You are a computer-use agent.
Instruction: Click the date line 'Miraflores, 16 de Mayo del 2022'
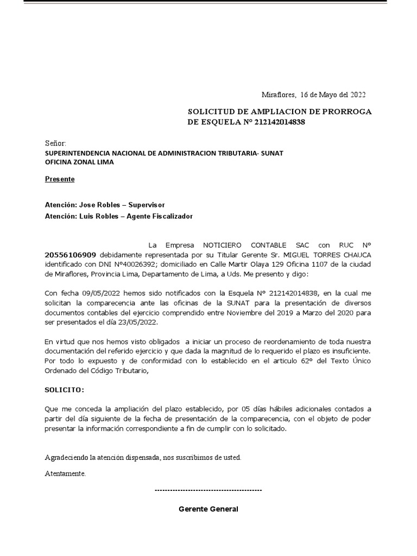[x=314, y=94]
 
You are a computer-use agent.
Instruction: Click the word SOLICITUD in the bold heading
[x=211, y=112]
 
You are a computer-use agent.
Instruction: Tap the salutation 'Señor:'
[x=55, y=143]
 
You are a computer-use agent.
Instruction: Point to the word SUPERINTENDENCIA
[x=81, y=153]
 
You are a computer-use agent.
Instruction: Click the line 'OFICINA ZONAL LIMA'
[x=79, y=162]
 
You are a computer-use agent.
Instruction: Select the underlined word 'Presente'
[x=59, y=179]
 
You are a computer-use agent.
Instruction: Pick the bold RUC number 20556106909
[x=71, y=255]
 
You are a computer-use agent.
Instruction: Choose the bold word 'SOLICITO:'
[x=64, y=390]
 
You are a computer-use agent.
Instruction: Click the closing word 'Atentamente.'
[x=65, y=473]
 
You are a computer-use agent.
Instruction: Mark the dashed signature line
[x=208, y=490]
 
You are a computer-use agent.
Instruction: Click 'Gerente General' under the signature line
[x=208, y=509]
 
